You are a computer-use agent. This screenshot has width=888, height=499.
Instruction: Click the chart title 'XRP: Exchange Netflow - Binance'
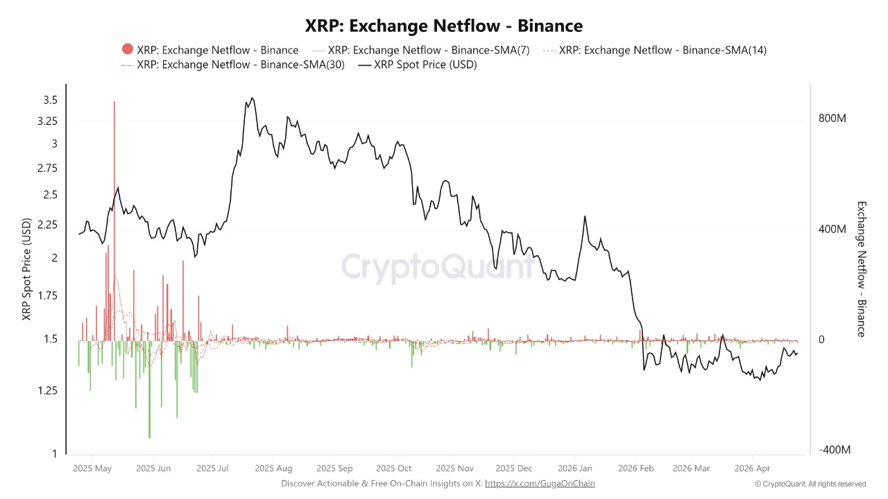click(x=444, y=26)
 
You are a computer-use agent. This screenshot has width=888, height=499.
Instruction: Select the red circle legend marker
click(x=127, y=49)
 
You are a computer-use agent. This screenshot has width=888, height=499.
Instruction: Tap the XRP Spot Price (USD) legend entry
click(x=425, y=64)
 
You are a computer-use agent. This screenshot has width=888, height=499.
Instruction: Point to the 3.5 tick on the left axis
click(x=50, y=100)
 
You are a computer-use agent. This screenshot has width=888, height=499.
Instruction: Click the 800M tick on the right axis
click(x=832, y=119)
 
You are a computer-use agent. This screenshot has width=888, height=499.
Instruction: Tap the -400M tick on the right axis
click(x=834, y=450)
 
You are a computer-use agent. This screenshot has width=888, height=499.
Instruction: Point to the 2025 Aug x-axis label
click(x=273, y=468)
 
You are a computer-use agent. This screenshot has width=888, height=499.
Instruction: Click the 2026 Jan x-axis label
click(x=575, y=468)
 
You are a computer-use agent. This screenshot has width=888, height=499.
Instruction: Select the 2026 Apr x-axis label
click(x=752, y=468)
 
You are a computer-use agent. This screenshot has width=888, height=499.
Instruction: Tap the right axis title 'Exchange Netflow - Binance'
click(x=862, y=269)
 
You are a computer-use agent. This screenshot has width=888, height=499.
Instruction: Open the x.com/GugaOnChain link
click(x=540, y=483)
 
